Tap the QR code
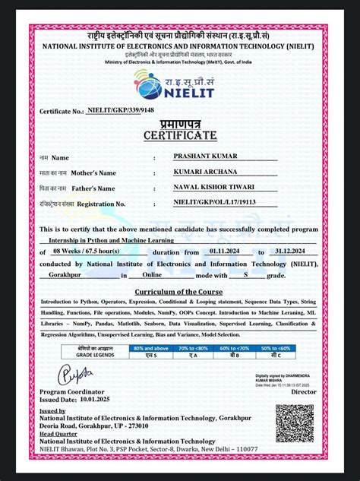coord(293,423)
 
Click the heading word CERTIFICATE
coord(179,135)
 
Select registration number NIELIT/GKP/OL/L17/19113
coord(214,203)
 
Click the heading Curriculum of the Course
coord(179,291)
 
